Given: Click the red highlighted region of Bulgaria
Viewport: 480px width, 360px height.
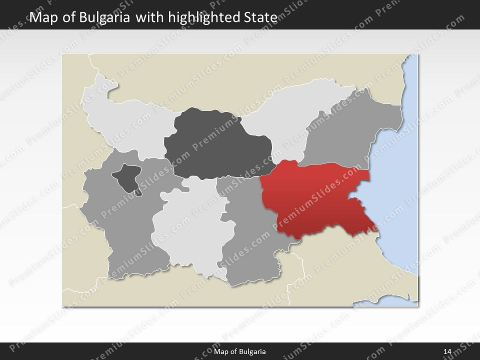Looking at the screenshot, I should (315, 200).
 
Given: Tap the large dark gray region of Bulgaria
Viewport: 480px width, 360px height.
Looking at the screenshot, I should (217, 145).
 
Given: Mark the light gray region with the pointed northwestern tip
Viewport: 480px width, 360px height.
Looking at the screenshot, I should (125, 120).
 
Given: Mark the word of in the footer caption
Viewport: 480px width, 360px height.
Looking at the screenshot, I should (233, 352).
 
